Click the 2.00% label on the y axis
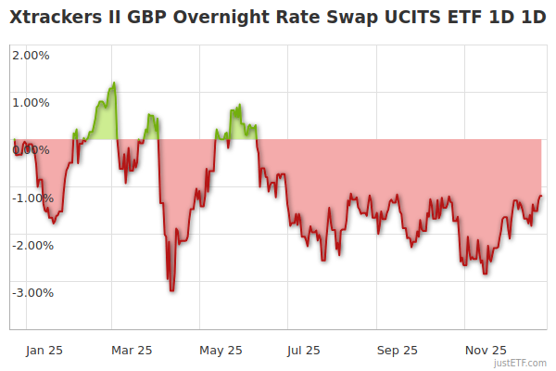(32, 55)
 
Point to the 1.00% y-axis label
(32, 102)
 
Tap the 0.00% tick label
(32, 149)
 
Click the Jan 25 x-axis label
(44, 350)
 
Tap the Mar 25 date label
(132, 350)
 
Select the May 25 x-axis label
(221, 350)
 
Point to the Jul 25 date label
(304, 350)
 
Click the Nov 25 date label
(485, 350)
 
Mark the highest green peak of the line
(114, 83)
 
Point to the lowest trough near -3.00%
(171, 290)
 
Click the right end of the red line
(541, 196)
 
